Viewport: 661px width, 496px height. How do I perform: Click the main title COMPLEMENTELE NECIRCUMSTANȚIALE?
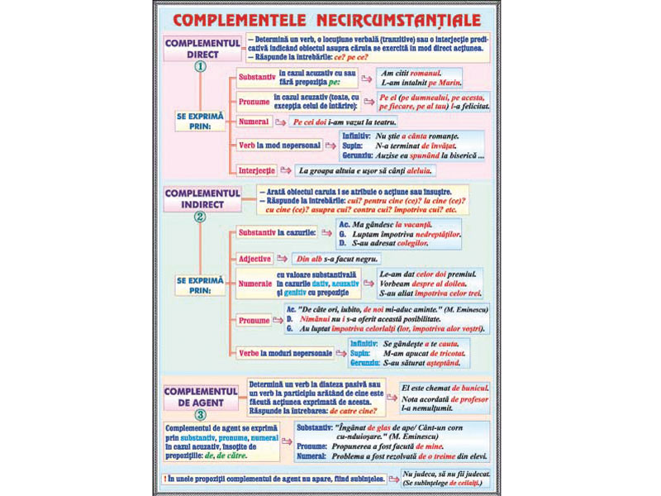coord(330,18)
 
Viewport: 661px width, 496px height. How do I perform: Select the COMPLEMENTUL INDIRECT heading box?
coord(202,198)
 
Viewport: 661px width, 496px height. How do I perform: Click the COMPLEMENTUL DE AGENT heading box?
coord(202,394)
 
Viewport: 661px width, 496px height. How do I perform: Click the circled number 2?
coord(200,218)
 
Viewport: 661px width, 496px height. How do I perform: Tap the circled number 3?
coord(200,414)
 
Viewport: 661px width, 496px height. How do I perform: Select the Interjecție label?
coord(256,170)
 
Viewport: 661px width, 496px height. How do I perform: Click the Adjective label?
coord(254,259)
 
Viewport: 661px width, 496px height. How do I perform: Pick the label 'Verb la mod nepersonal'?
coord(279,145)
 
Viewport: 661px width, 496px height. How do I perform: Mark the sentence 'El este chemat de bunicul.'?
coord(442,387)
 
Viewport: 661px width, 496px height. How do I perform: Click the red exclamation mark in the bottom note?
coord(166,479)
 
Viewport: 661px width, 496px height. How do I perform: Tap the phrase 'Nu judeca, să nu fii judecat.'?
coord(442,474)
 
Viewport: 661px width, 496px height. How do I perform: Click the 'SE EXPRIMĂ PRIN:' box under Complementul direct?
coord(200,122)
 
